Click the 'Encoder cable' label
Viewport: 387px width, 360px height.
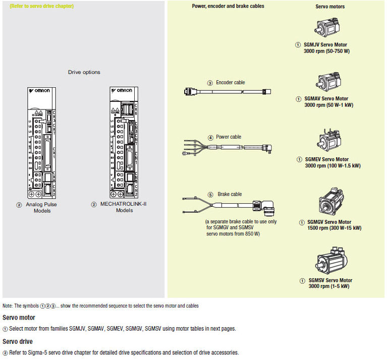pyautogui.click(x=231, y=83)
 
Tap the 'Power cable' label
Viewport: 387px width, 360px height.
pyautogui.click(x=229, y=137)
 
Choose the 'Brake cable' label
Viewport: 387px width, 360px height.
pyautogui.click(x=230, y=194)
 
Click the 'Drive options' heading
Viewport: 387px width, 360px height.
pyautogui.click(x=84, y=72)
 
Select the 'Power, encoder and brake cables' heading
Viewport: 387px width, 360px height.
pyautogui.click(x=228, y=6)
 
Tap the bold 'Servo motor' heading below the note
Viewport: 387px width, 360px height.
pyautogui.click(x=19, y=318)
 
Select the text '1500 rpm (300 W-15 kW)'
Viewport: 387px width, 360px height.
pyautogui.click(x=335, y=228)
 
